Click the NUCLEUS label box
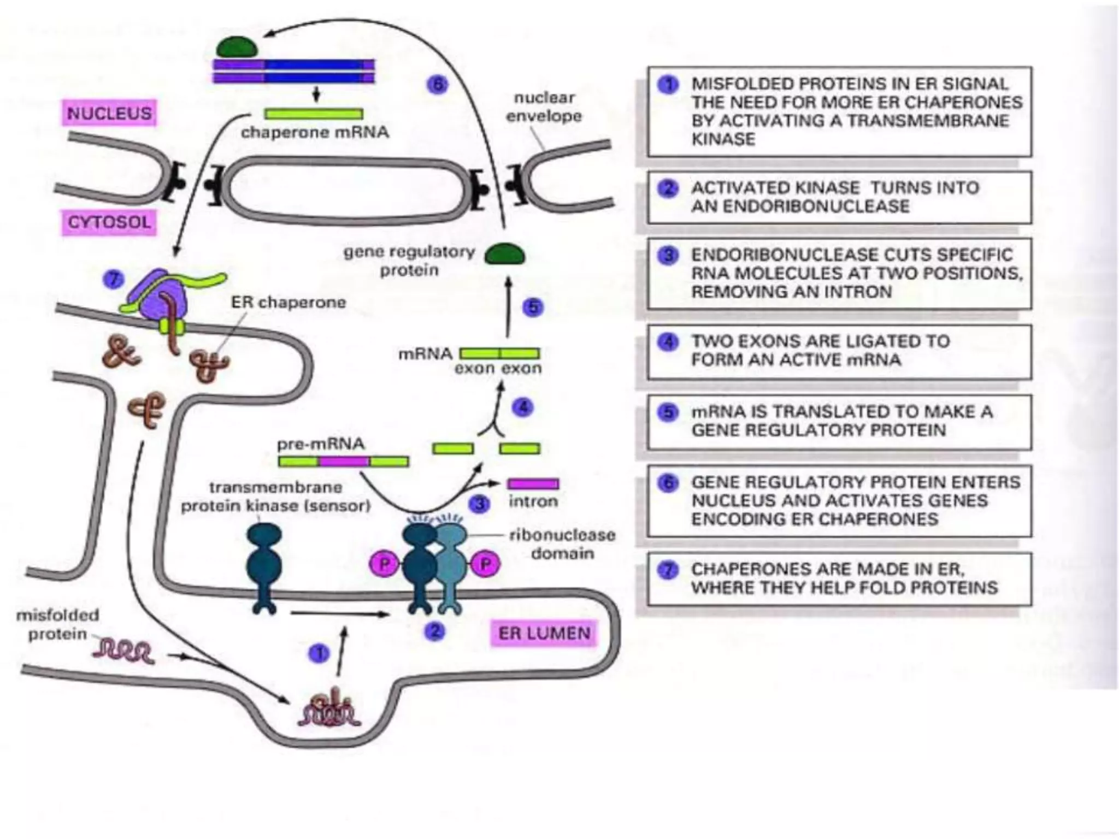[109, 113]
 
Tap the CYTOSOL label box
[109, 222]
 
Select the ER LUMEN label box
[544, 633]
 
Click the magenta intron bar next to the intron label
[533, 484]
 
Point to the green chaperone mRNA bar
[314, 114]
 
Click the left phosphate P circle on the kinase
[385, 564]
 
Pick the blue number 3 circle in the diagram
[480, 504]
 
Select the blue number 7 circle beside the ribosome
[114, 280]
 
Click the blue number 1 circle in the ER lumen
[319, 653]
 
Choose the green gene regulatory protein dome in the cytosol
[505, 254]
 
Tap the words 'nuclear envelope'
[544, 107]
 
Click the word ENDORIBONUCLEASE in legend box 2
[800, 206]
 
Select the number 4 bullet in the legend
[668, 342]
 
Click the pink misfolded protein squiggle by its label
[123, 652]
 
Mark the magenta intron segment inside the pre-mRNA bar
[344, 462]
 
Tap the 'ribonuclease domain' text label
[562, 544]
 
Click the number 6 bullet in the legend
[668, 483]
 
